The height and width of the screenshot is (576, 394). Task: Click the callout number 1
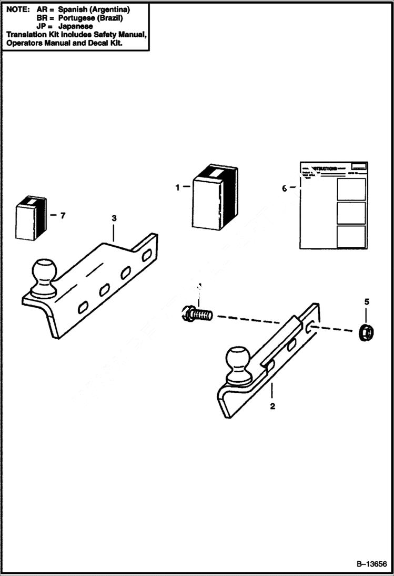pos(178,187)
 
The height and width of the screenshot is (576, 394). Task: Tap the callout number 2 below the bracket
pos(272,406)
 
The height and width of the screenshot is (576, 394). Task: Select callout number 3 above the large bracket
pos(114,218)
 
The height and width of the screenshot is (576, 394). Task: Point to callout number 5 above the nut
pos(367,301)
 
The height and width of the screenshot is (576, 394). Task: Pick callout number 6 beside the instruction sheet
pos(285,188)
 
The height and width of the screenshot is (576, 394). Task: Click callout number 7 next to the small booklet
pos(63,215)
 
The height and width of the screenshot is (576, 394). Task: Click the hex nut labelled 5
pos(364,331)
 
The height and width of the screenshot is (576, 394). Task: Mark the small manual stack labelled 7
pos(31,217)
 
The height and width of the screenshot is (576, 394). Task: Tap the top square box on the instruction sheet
pos(351,189)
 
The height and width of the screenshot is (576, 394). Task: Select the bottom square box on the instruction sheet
pos(351,237)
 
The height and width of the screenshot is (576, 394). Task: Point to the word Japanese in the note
pos(76,26)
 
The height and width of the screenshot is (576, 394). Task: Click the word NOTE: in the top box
pos(18,10)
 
